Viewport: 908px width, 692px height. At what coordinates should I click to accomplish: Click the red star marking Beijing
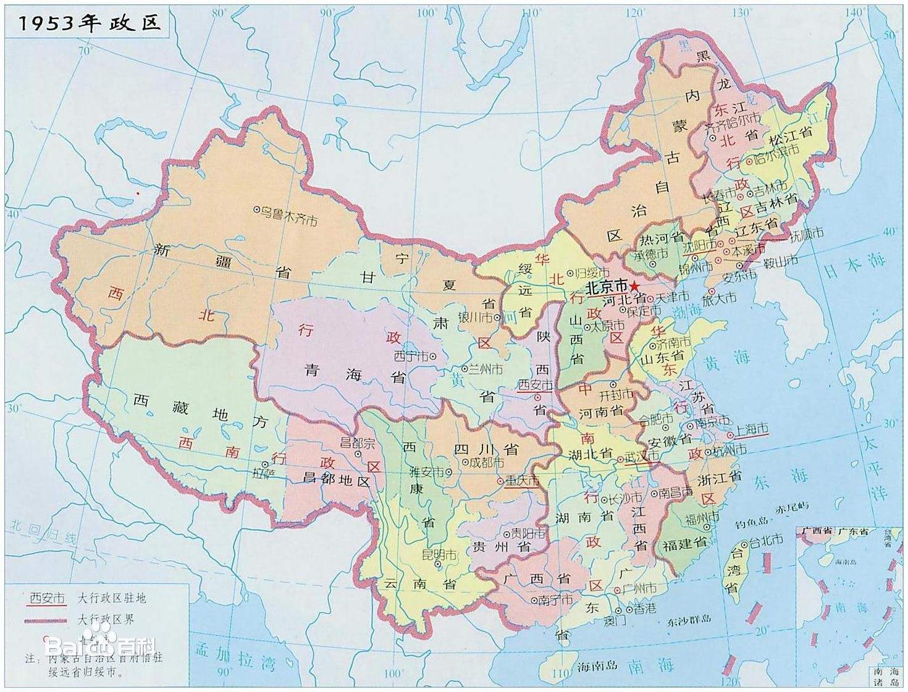tap(634, 286)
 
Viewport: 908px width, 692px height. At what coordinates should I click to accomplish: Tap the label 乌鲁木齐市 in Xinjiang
tap(287, 215)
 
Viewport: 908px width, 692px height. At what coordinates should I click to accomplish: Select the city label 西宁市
tap(413, 356)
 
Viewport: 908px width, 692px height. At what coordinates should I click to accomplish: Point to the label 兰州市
tap(486, 369)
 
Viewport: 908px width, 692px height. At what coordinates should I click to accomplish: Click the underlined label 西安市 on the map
tap(534, 385)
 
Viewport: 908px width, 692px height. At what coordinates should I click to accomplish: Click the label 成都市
tap(486, 462)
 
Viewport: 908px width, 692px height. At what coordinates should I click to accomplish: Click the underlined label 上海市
tap(750, 428)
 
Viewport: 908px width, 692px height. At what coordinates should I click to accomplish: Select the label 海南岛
tap(597, 665)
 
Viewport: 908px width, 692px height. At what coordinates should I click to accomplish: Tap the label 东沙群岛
tap(689, 620)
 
